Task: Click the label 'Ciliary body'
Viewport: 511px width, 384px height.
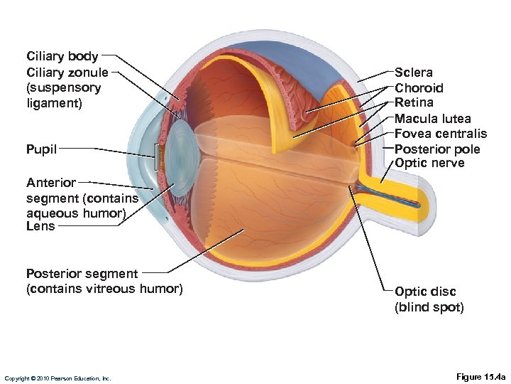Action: coord(62,56)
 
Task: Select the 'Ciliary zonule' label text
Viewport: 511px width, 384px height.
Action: coord(67,72)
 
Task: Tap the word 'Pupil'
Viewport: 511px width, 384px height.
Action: coord(41,149)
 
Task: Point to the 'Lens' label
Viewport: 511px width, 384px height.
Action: coord(40,226)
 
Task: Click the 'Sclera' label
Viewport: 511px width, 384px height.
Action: coord(414,73)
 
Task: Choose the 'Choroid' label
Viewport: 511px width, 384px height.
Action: coord(419,88)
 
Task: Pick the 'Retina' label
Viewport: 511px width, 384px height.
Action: coord(414,103)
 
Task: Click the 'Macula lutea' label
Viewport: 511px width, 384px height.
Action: coord(432,119)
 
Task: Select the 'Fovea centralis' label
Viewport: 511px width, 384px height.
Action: coord(441,134)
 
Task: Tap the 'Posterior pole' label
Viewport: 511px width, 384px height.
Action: coord(437,149)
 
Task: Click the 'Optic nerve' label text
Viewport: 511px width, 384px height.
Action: coord(429,164)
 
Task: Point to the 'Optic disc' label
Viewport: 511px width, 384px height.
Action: coord(425,292)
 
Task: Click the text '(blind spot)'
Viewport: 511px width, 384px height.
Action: coord(429,307)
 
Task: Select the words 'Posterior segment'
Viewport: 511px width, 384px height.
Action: coord(82,274)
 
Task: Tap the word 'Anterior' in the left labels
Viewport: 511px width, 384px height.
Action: coord(50,183)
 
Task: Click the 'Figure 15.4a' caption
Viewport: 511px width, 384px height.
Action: coord(480,376)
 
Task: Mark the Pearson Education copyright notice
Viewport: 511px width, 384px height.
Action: coord(57,378)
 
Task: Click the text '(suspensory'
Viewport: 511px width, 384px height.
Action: coord(63,87)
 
